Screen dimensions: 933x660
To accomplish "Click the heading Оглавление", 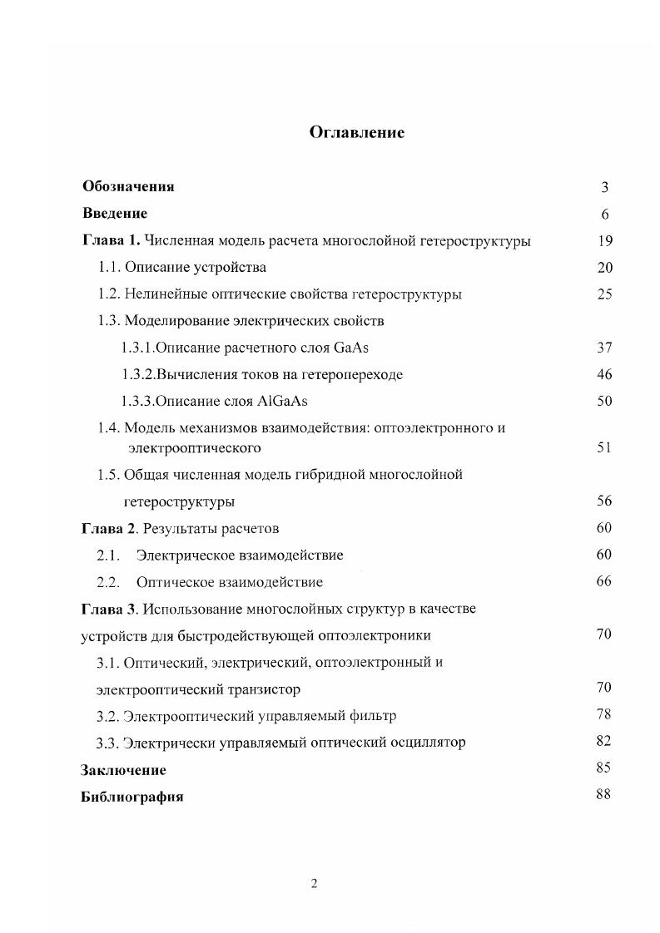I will [356, 132].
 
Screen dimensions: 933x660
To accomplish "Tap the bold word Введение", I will [115, 214].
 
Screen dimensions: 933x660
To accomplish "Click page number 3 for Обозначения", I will [605, 188].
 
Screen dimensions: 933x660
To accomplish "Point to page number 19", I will [605, 241].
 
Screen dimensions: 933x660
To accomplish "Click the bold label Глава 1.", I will [112, 241].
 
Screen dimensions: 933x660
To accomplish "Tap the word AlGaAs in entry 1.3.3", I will [285, 401].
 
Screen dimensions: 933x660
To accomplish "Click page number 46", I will [605, 374].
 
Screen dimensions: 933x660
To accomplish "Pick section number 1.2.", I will [109, 294].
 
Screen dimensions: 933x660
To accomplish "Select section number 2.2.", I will [110, 581].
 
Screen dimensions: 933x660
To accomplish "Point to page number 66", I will [605, 580].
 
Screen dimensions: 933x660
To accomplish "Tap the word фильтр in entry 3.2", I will [371, 715].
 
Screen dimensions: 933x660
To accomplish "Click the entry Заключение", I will [123, 770].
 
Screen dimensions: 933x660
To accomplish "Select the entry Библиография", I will [132, 797].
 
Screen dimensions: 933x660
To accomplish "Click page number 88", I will [604, 793].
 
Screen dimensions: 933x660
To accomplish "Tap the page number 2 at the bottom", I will [314, 884].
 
